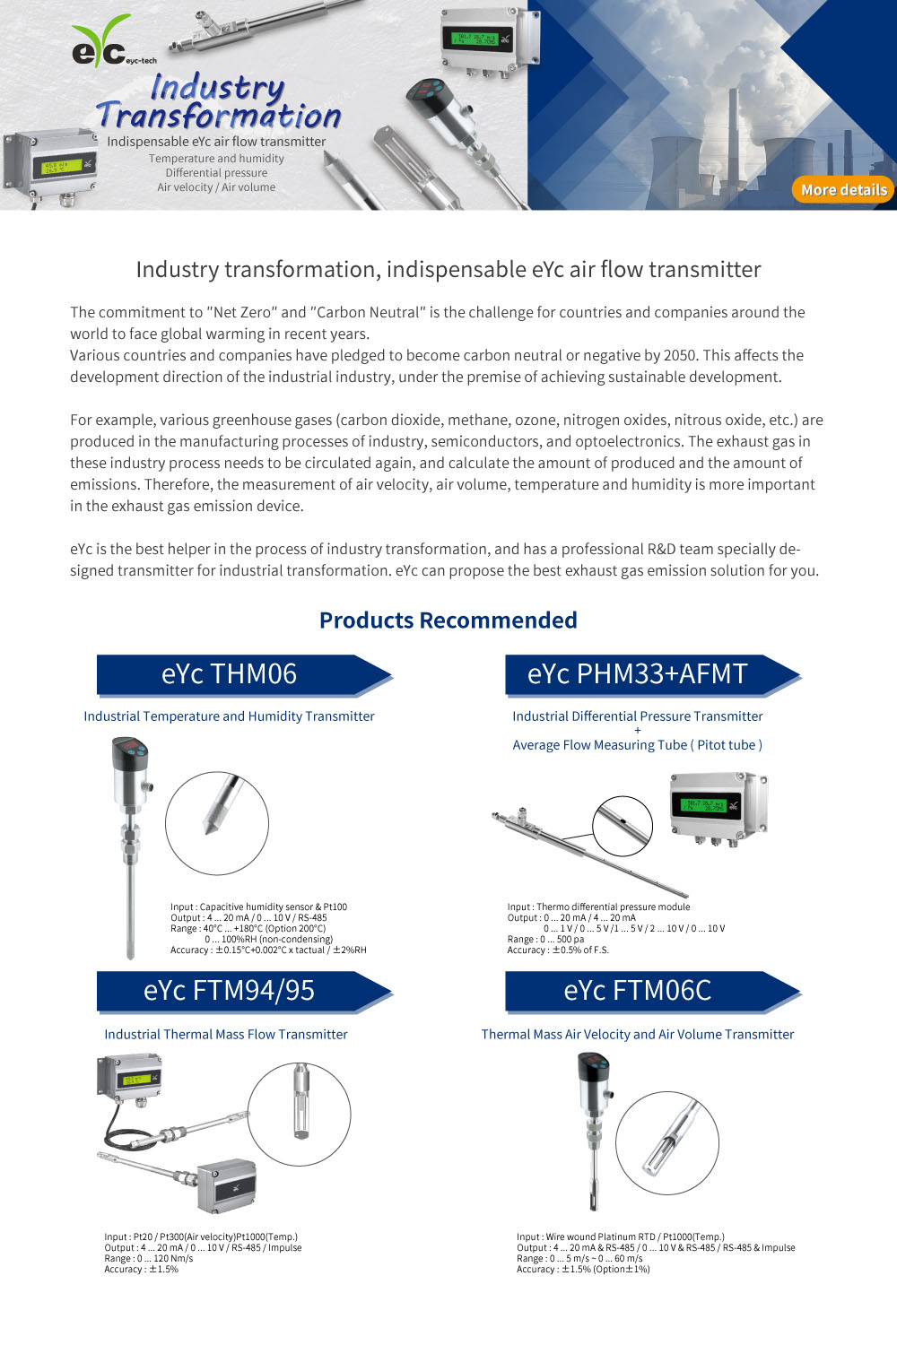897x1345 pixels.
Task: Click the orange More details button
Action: coord(843,190)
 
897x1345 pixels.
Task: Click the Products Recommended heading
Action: coord(448,620)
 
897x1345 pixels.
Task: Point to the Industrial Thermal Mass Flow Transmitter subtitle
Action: coord(226,1034)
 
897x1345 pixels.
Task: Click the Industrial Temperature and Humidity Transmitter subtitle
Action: coord(229,716)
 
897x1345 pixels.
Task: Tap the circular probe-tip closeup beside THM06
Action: coord(217,823)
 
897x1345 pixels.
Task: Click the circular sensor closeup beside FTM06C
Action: coord(667,1142)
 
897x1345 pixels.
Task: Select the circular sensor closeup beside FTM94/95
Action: coord(299,1115)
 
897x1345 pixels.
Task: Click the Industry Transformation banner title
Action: coord(218,101)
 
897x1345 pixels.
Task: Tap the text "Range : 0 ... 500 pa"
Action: coord(545,940)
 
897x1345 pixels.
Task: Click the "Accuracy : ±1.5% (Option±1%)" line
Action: coord(583,1270)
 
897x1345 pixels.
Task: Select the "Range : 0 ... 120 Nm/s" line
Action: coord(148,1259)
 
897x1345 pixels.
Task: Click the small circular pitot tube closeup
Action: coord(622,825)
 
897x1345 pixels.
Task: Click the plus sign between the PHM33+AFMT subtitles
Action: coord(638,731)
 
